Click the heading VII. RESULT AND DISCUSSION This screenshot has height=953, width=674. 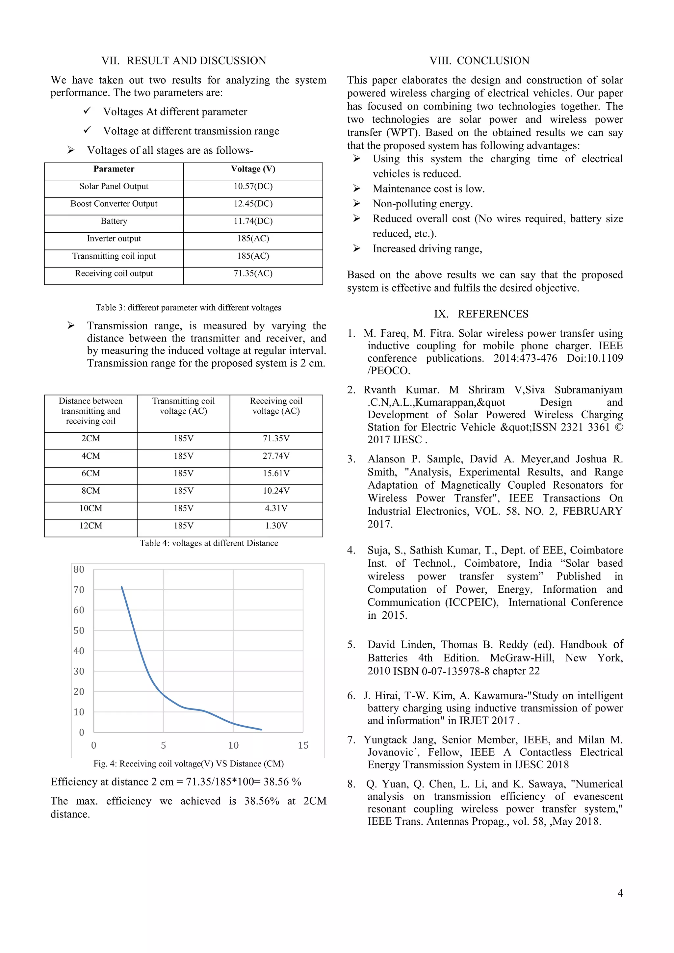(x=184, y=61)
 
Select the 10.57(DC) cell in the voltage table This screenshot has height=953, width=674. (x=253, y=186)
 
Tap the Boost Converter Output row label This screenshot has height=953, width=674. (x=114, y=204)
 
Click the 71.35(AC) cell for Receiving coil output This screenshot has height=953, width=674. (x=253, y=273)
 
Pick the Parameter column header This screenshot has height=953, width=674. (x=114, y=169)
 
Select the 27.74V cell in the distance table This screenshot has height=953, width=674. (x=276, y=456)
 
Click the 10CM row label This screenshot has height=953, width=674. (x=91, y=508)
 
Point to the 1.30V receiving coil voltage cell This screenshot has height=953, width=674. (x=276, y=526)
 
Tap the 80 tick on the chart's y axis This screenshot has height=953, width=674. (x=79, y=570)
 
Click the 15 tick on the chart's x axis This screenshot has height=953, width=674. (x=303, y=745)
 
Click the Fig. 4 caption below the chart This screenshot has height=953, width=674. (x=189, y=764)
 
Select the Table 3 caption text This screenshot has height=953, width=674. (x=189, y=308)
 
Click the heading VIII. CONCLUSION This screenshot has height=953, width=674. (x=480, y=61)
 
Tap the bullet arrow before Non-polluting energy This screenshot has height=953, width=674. (x=356, y=203)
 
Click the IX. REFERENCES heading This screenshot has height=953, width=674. (x=481, y=314)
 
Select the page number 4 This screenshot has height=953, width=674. (x=620, y=893)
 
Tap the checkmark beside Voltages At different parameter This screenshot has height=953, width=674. (x=87, y=111)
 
